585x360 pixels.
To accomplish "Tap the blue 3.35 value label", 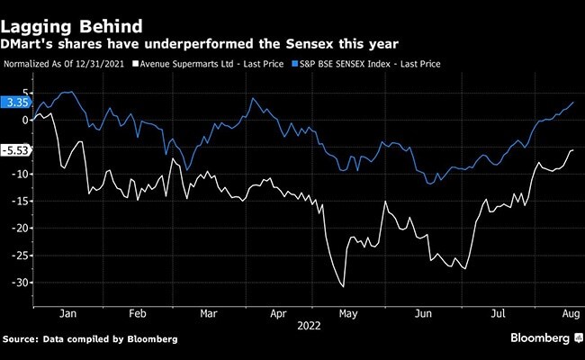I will (x=17, y=103).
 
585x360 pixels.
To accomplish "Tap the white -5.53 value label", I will (x=17, y=151).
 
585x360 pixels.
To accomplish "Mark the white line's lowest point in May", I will (x=343, y=287).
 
